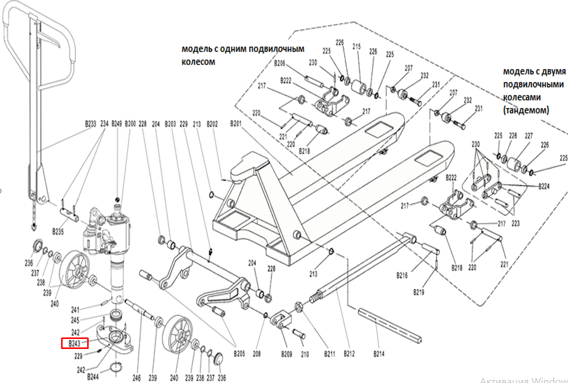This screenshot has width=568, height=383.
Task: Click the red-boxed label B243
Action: pyautogui.click(x=74, y=343)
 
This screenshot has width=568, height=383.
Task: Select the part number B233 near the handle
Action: pyautogui.click(x=90, y=123)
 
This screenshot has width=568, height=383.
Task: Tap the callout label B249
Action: pyautogui.click(x=117, y=123)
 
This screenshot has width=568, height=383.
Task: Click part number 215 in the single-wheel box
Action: pyautogui.click(x=357, y=47)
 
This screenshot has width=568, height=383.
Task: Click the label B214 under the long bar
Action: pyautogui.click(x=379, y=354)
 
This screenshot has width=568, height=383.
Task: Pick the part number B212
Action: pyautogui.click(x=349, y=354)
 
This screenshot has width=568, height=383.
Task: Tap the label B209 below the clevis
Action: pyautogui.click(x=286, y=354)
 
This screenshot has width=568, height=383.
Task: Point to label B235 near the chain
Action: pyautogui.click(x=59, y=232)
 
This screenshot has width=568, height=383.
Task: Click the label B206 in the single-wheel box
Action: pyautogui.click(x=279, y=64)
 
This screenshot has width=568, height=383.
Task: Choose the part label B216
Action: pyautogui.click(x=402, y=275)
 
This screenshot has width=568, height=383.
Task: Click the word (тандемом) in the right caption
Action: pyautogui.click(x=526, y=109)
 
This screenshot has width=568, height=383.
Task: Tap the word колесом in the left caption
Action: pyautogui.click(x=198, y=62)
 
